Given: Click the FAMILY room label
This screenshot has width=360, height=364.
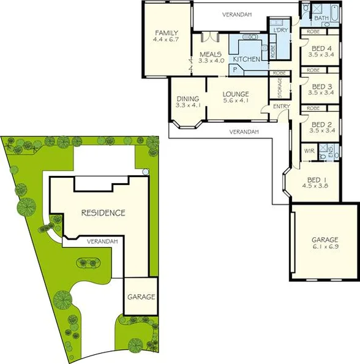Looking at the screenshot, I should pyautogui.click(x=167, y=32).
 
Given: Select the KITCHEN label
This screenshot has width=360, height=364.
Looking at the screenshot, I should pyautogui.click(x=247, y=59).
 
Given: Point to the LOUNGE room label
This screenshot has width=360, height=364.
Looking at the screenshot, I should pyautogui.click(x=236, y=94).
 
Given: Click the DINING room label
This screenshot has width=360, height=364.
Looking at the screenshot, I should pyautogui.click(x=187, y=99).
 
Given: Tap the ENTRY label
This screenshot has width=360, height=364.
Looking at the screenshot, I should pyautogui.click(x=281, y=107).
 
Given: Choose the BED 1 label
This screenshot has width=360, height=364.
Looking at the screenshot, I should pyautogui.click(x=315, y=179).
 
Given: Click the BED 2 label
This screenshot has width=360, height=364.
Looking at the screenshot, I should pyautogui.click(x=321, y=123).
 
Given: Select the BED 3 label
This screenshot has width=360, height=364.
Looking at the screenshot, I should pyautogui.click(x=321, y=86).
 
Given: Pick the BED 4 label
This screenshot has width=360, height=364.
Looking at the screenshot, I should pyautogui.click(x=321, y=48).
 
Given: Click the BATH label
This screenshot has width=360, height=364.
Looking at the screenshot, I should pyautogui.click(x=321, y=18).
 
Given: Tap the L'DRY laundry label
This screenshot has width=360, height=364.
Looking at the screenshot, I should pyautogui.click(x=281, y=31).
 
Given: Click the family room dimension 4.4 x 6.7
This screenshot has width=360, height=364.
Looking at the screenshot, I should pyautogui.click(x=167, y=40).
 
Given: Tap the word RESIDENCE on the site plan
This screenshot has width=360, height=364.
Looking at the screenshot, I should pyautogui.click(x=103, y=213).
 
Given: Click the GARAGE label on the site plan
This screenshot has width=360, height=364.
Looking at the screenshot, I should pyautogui.click(x=141, y=297).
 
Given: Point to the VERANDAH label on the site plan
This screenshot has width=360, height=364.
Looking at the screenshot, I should pyautogui.click(x=102, y=241).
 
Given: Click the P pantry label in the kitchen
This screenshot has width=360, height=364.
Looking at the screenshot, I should pyautogui.click(x=234, y=70).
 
